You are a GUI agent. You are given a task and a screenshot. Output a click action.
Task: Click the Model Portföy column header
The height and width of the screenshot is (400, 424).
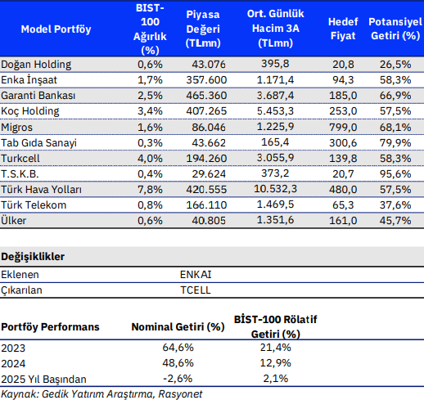[x=56, y=29]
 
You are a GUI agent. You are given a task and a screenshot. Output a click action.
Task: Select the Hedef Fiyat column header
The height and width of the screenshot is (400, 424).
[x=343, y=29]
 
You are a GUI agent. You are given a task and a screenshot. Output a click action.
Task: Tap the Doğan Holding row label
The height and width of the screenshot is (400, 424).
[x=36, y=65]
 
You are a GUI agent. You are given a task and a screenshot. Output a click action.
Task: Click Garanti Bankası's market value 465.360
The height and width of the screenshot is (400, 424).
[x=206, y=96]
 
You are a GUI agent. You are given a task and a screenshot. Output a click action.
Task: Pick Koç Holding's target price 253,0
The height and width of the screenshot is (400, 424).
[x=343, y=111]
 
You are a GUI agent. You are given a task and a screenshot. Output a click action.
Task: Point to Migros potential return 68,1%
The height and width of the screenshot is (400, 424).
[x=395, y=127]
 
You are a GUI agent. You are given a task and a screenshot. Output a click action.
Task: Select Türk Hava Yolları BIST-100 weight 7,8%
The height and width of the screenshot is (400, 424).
[x=150, y=189]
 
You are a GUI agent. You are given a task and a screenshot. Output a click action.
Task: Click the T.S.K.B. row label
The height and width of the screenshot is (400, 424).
[x=20, y=173]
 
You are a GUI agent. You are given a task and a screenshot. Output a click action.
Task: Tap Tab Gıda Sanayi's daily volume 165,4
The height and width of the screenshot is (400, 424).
[x=275, y=142]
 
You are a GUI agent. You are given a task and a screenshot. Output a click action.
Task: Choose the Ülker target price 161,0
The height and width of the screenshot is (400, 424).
[x=343, y=220]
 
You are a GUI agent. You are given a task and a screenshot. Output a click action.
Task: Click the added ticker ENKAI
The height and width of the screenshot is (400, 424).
[x=196, y=274]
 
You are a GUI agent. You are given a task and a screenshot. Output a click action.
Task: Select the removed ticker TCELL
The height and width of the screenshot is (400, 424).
[x=196, y=290]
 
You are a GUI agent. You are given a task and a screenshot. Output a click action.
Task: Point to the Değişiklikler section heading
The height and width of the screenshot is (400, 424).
[x=33, y=257]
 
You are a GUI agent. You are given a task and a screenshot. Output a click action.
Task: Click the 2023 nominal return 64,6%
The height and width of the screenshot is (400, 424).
[x=178, y=348]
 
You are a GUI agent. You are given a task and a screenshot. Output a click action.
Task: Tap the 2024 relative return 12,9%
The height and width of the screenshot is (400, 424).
[x=276, y=363]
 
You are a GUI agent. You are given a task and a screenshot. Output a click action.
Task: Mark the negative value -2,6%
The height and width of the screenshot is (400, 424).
[x=178, y=379]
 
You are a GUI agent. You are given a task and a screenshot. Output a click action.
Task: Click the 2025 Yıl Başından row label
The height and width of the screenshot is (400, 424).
[x=43, y=379]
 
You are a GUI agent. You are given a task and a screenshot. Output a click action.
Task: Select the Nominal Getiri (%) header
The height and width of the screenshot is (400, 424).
[x=178, y=326]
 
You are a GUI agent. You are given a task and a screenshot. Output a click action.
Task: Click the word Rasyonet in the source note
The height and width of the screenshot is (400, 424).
[x=180, y=394]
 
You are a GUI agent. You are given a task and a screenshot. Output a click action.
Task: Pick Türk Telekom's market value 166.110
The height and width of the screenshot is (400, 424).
[x=206, y=204]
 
